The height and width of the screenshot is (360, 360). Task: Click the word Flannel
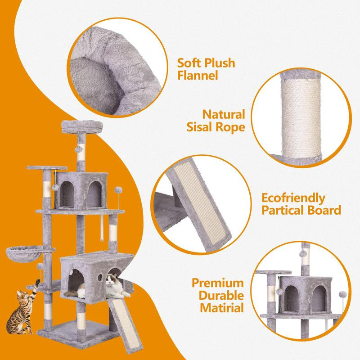coord(198,75)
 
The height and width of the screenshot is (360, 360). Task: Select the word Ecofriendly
coord(293,198)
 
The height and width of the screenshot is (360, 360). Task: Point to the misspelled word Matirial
coord(221,308)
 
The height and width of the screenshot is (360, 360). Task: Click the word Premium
coord(218,283)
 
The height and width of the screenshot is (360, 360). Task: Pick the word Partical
coord(284,210)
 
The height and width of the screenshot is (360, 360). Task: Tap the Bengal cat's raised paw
coord(37,281)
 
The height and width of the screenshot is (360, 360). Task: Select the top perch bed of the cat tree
coord(82,126)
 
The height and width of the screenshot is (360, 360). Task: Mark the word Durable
coord(221,296)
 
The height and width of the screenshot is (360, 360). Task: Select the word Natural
coord(224,115)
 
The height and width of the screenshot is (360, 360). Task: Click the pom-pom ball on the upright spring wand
coord(118,190)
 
